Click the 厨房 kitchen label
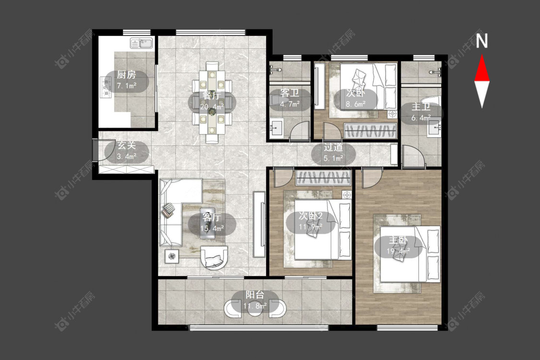(126, 74)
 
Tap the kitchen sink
(142, 43)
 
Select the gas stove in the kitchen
(106, 86)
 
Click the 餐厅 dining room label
(212, 96)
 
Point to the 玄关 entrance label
(126, 145)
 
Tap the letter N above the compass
(482, 41)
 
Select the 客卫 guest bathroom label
(289, 93)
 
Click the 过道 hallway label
(333, 147)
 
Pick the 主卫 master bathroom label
(421, 107)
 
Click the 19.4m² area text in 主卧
(398, 251)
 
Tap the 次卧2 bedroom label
(310, 216)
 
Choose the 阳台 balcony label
(255, 295)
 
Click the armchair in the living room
(214, 257)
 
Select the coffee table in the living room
(208, 223)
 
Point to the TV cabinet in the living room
(259, 224)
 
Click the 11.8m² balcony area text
(255, 306)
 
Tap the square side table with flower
(172, 256)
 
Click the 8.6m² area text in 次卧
(356, 104)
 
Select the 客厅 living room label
(212, 217)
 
